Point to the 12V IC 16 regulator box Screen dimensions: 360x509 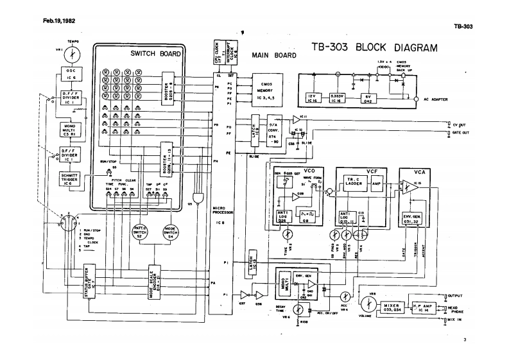click(313, 98)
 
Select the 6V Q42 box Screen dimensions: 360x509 click(368, 98)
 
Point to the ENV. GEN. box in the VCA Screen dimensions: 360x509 click(411, 218)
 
